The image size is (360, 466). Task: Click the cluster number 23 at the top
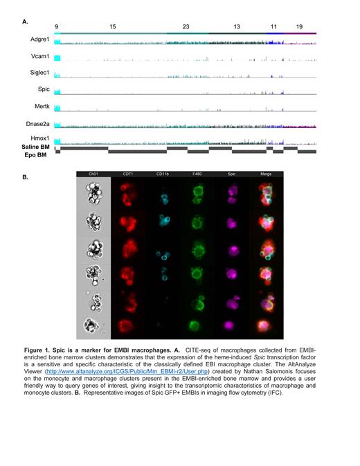click(186, 26)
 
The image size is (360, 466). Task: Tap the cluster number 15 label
click(113, 26)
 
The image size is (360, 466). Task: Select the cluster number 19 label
click(299, 26)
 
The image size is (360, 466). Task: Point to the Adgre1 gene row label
click(39, 42)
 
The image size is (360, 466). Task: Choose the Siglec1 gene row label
click(39, 74)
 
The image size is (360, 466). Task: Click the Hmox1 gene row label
click(40, 140)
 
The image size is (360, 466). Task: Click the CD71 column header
click(129, 173)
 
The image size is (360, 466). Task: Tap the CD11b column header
click(162, 173)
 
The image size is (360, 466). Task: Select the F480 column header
click(197, 173)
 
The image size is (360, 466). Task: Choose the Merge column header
click(263, 173)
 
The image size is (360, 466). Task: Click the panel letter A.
click(26, 22)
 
